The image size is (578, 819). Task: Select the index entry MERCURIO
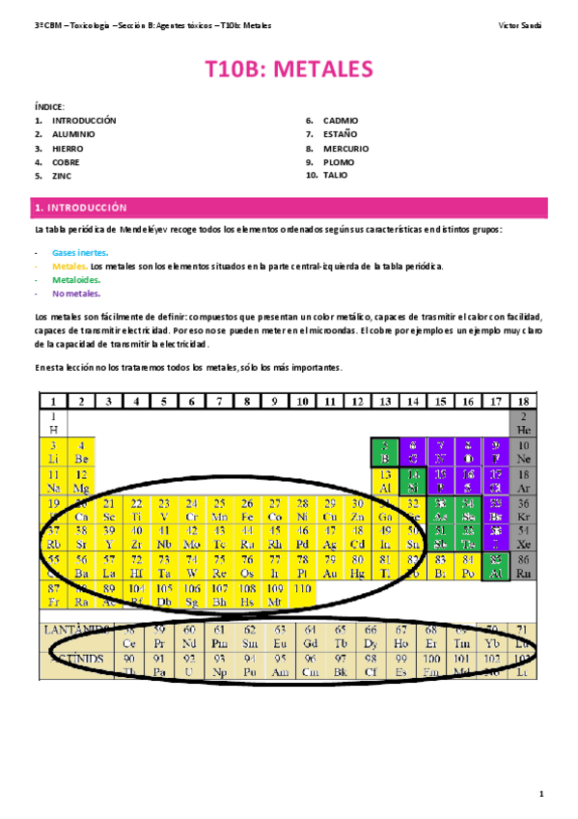coord(345,149)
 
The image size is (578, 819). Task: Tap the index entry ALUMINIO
coord(73,134)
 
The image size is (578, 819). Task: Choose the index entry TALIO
coord(336,176)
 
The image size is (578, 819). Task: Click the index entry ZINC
coord(62,177)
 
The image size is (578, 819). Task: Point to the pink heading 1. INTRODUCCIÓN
coord(80,208)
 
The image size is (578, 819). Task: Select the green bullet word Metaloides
coord(75,279)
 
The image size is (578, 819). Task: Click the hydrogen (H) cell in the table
coord(53,423)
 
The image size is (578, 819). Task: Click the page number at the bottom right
coord(542,794)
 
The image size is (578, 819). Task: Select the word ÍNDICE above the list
coord(50,106)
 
